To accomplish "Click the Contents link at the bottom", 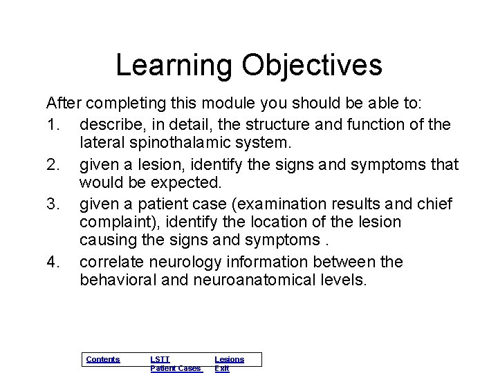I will (102, 359).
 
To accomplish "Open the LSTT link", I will (160, 359).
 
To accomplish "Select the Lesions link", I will (229, 359).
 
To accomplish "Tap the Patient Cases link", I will (176, 368).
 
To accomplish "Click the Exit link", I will (221, 368).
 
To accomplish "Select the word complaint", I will (114, 222).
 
